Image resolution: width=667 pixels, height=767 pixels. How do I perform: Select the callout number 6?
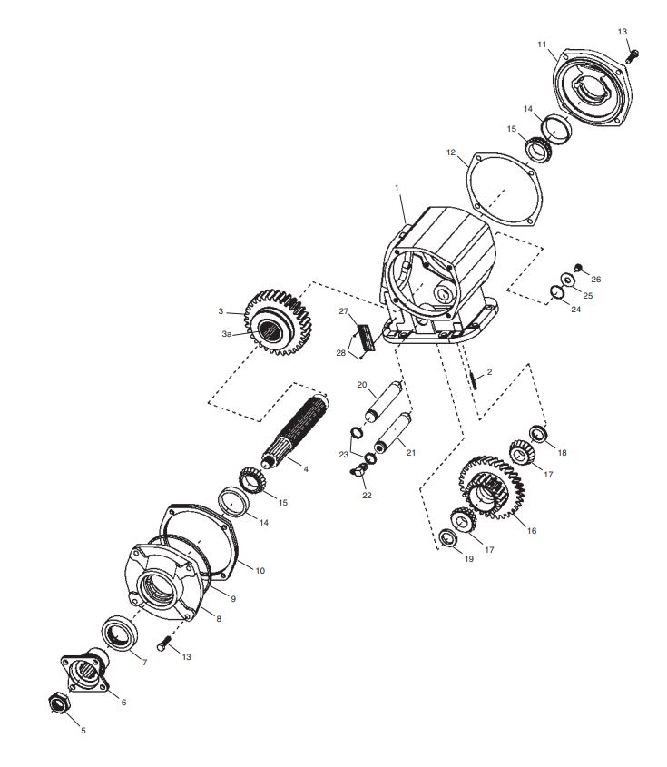tap(124, 702)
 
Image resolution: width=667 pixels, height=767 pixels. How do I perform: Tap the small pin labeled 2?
tap(474, 378)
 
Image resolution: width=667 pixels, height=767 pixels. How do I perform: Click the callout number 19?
tap(468, 559)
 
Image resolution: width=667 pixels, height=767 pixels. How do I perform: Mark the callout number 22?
tap(366, 496)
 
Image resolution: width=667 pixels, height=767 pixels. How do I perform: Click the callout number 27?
tap(344, 311)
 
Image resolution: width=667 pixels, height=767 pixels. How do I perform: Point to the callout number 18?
tap(561, 452)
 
